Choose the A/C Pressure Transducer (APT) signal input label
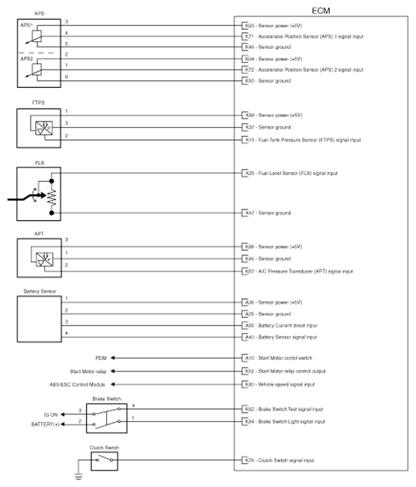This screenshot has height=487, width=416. (302, 271)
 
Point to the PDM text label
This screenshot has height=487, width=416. (101, 357)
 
